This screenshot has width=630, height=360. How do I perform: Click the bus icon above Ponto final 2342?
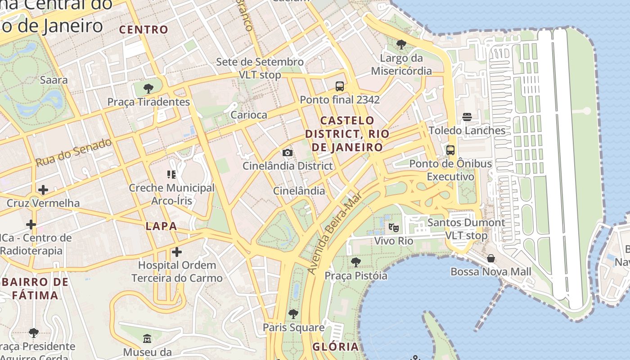(x=340, y=86)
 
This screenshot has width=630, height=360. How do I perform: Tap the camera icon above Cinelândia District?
(x=288, y=153)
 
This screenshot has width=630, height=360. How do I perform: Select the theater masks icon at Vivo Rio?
(x=394, y=228)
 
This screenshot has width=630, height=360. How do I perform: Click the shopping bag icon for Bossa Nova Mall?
(x=491, y=258)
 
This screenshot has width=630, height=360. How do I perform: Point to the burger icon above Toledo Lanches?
(x=467, y=117)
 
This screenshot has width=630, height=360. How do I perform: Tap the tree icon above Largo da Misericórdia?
(x=401, y=45)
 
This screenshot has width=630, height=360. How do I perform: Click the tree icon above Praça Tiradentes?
(x=148, y=88)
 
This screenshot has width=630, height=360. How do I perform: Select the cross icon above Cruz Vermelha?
(x=43, y=190)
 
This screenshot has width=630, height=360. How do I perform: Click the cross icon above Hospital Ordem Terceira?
(x=177, y=252)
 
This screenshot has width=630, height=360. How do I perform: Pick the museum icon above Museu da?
(x=147, y=338)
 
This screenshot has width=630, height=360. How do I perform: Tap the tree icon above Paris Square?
(x=293, y=314)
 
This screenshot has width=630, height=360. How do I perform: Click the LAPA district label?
(x=161, y=226)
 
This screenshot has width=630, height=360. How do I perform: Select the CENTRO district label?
(x=144, y=30)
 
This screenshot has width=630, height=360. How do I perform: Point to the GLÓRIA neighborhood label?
(x=336, y=346)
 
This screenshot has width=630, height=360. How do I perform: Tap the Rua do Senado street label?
(x=73, y=153)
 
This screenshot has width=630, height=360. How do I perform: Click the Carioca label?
(x=249, y=115)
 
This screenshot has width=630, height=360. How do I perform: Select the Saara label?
(x=54, y=80)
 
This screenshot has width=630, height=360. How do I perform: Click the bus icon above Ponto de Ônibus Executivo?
(x=450, y=150)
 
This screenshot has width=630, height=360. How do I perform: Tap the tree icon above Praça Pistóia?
(x=355, y=262)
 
